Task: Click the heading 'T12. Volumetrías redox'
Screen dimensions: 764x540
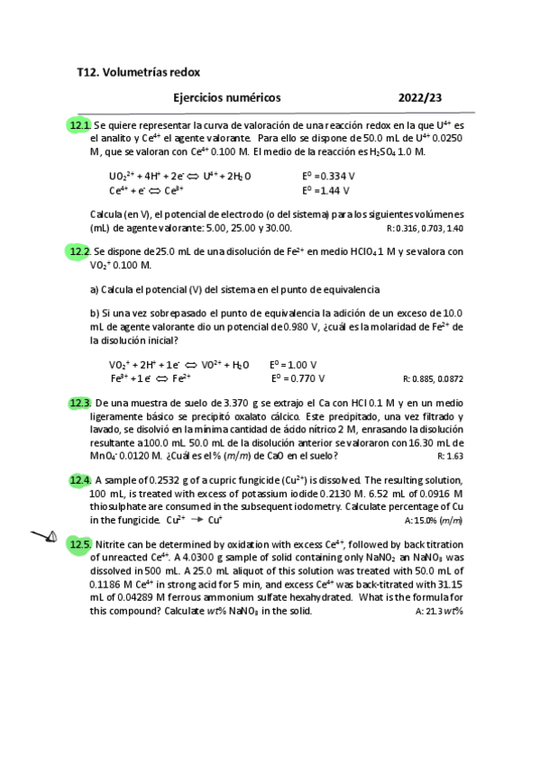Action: coord(139,71)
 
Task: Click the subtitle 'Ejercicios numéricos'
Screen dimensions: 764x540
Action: coord(226,97)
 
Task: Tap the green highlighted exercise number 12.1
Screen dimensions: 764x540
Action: coord(80,124)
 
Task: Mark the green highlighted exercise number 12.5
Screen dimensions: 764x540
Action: coord(80,544)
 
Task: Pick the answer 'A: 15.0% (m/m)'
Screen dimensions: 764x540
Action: coord(434,521)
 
